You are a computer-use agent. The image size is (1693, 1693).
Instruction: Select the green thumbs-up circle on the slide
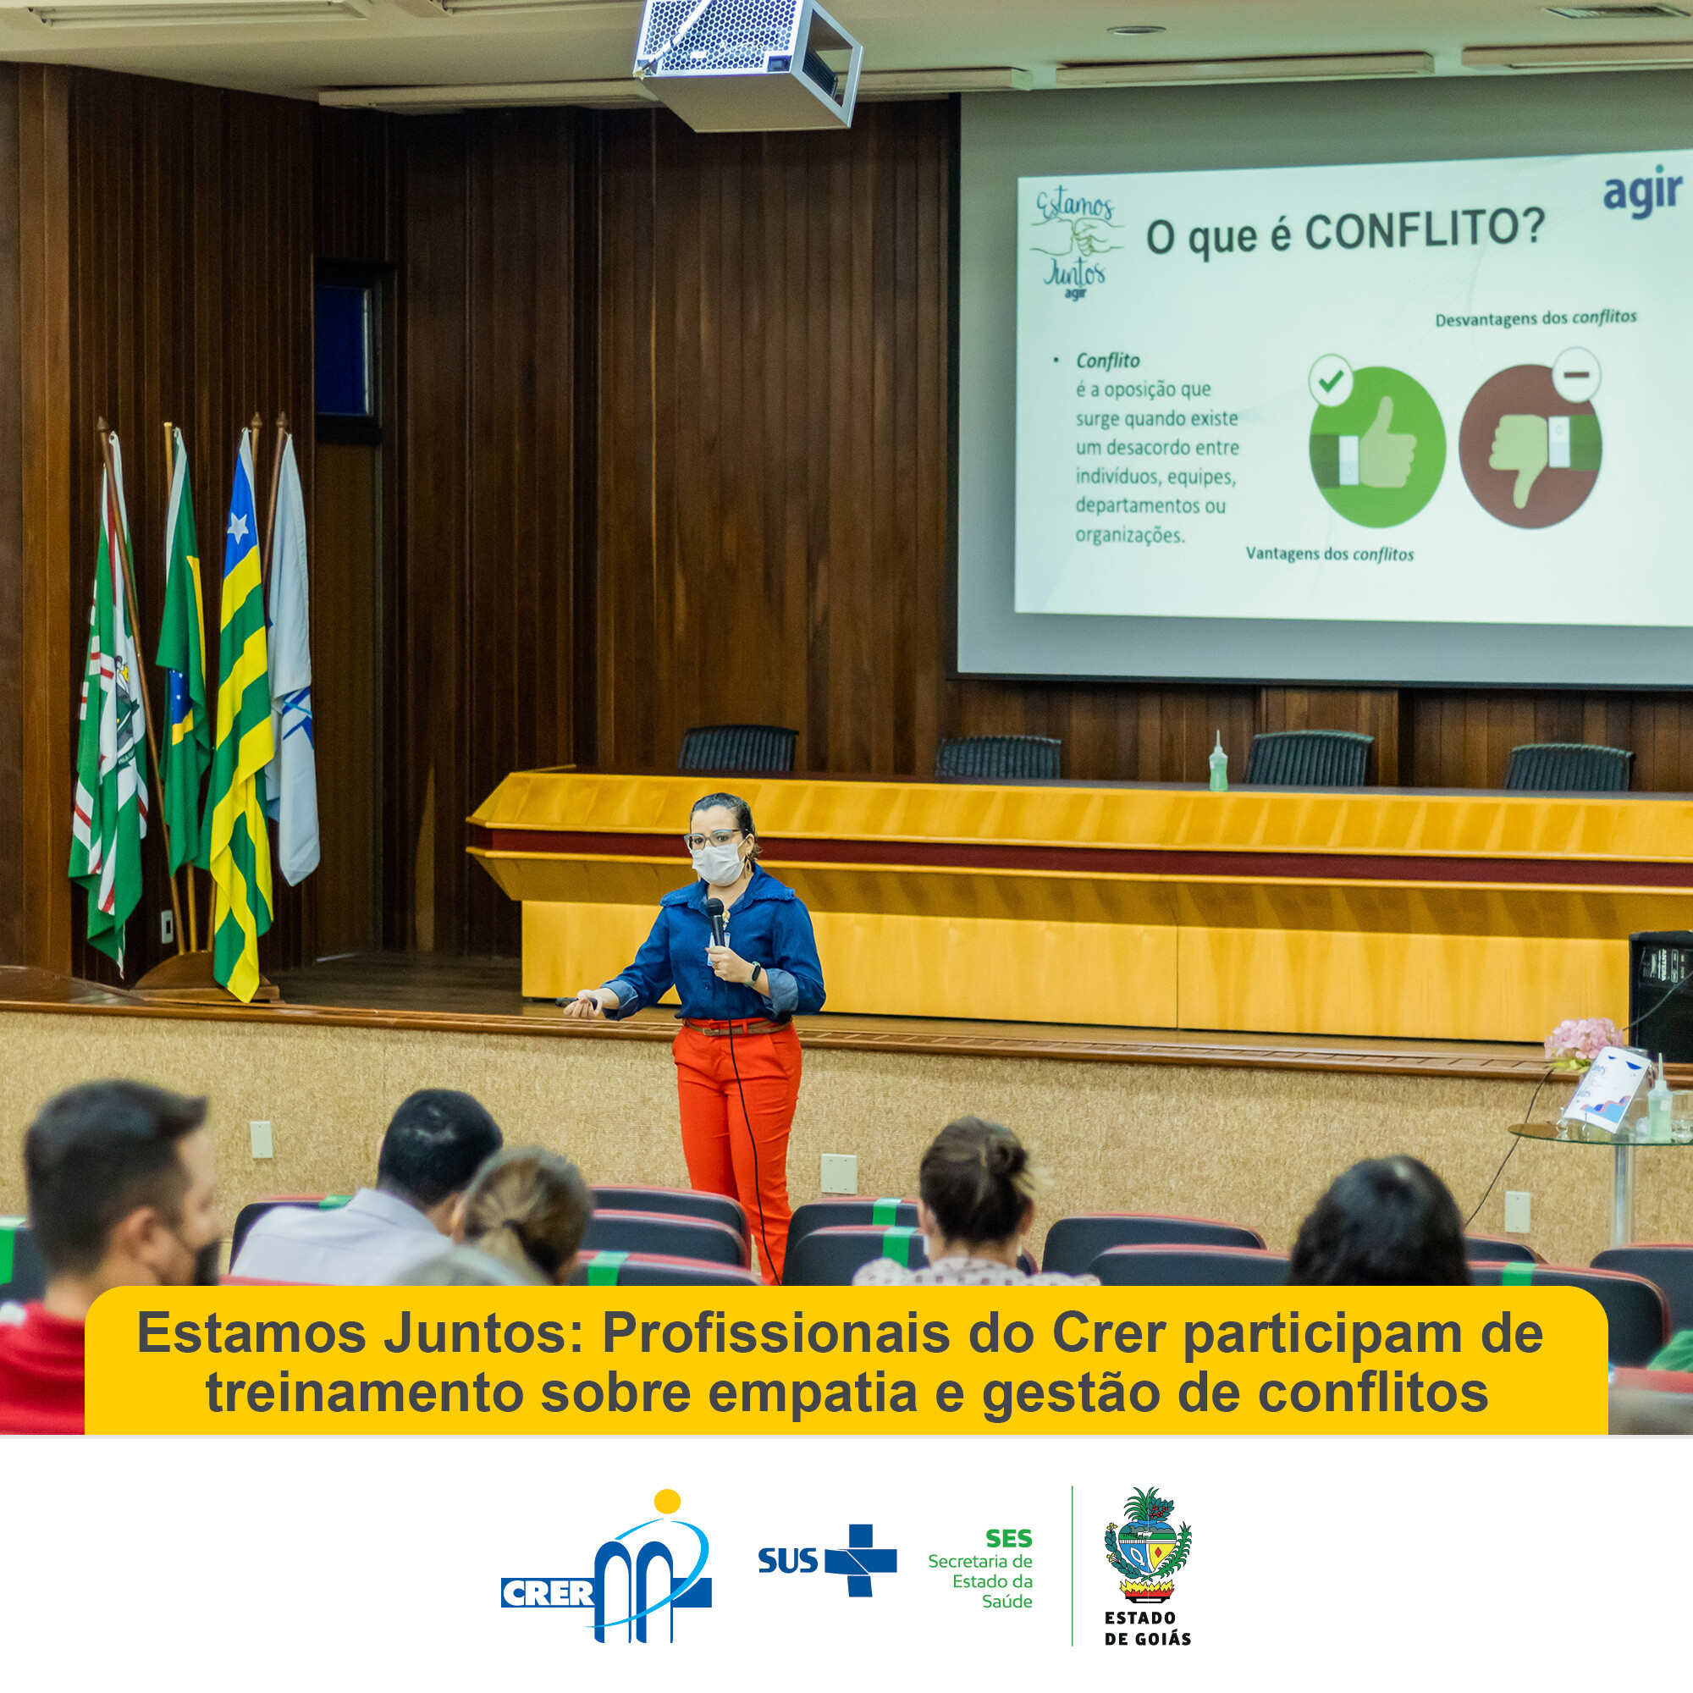click(1376, 446)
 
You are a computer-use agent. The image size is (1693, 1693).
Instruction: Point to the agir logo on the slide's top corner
click(1643, 195)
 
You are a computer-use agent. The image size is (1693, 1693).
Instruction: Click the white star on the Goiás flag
click(239, 526)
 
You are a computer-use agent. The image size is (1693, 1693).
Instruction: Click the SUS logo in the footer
click(827, 1561)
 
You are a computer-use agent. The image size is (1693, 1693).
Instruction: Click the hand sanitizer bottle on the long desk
click(1218, 762)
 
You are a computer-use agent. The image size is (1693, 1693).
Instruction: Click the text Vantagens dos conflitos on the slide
click(1329, 554)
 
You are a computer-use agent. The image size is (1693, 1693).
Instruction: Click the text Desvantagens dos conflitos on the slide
click(1536, 318)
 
